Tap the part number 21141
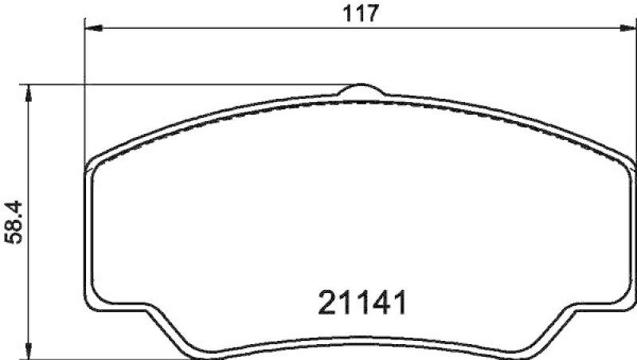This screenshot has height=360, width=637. click(x=363, y=303)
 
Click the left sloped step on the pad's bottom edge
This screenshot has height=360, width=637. click(x=170, y=328)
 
